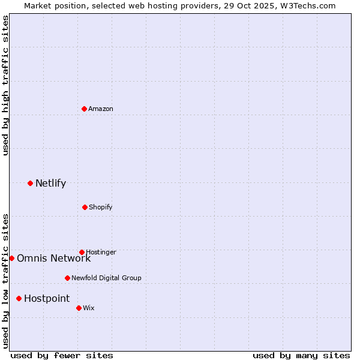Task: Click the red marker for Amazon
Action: coord(85,109)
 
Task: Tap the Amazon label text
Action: coord(101,109)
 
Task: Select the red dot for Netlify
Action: coord(30,183)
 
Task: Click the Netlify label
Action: coord(50,184)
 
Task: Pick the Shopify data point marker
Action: coord(85,207)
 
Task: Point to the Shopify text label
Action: coord(100,208)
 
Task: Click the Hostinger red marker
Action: coord(82,252)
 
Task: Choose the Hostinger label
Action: coord(101,253)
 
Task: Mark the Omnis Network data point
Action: coord(11,258)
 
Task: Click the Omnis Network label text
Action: coord(53,259)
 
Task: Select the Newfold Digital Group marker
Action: coord(67,278)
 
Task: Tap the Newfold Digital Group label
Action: coord(106,278)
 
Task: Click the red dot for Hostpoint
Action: coord(19,298)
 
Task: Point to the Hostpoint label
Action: coord(47,299)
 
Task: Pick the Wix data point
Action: coord(79,308)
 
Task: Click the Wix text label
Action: coord(89,308)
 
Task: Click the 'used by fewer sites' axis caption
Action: coord(62,355)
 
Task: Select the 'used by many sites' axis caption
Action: coord(301,355)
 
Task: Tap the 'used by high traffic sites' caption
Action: coord(5,85)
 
